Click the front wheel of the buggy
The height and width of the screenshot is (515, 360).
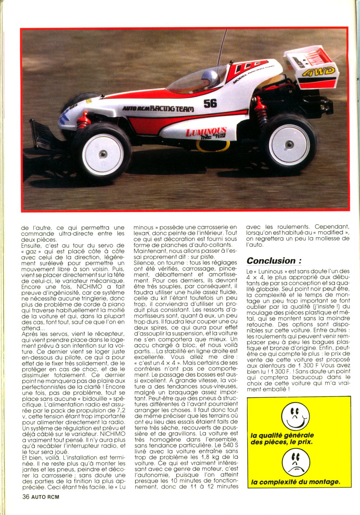(x=102, y=154)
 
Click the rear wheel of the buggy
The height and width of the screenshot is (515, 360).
(x=289, y=144)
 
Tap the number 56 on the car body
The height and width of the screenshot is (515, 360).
(x=210, y=103)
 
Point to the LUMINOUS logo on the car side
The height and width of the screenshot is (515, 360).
(x=206, y=132)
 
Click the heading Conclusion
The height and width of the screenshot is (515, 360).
(x=274, y=261)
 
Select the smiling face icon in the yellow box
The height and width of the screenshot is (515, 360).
(x=295, y=417)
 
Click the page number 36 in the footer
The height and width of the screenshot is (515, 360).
(x=25, y=497)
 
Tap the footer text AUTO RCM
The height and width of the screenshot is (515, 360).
(x=45, y=497)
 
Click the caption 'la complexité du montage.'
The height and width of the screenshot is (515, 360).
(x=296, y=482)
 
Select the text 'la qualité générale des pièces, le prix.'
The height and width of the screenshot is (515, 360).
(x=282, y=438)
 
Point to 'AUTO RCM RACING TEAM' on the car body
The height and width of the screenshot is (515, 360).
(x=158, y=109)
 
